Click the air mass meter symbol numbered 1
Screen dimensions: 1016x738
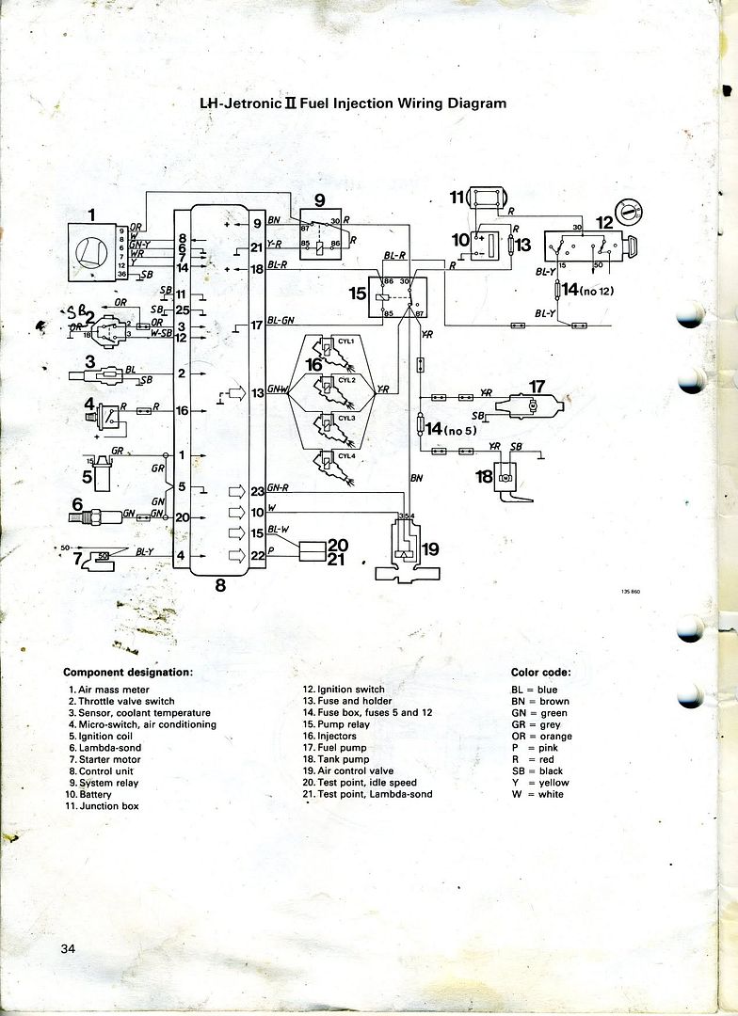(x=91, y=252)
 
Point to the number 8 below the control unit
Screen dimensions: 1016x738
(x=220, y=585)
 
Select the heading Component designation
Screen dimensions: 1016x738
(x=127, y=673)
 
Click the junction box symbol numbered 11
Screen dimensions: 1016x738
(x=487, y=198)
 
